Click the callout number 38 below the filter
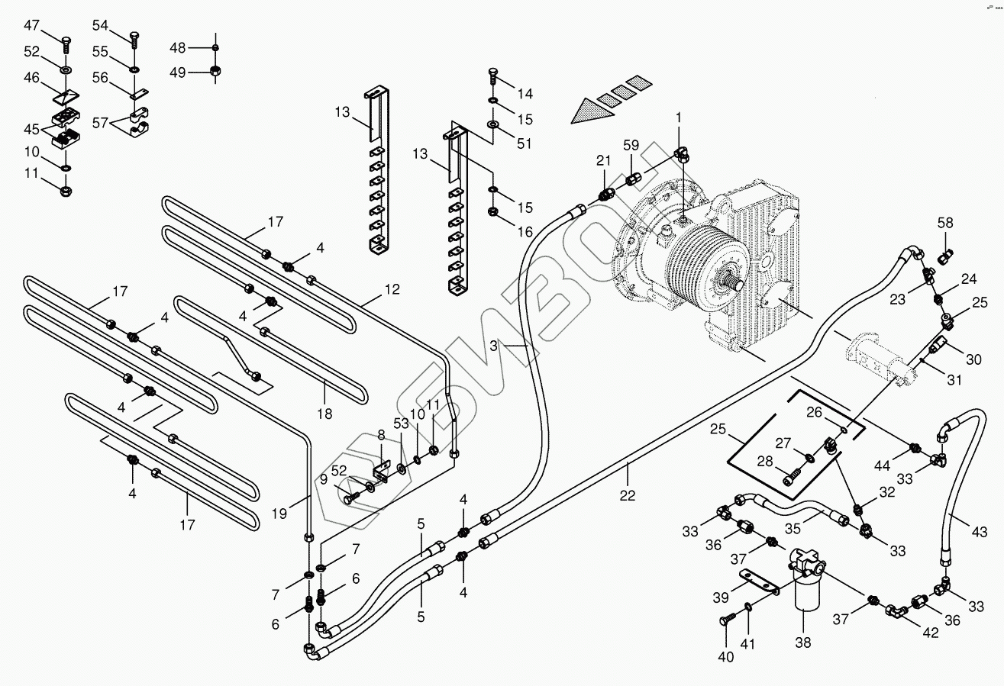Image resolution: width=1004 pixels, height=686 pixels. point(802,643)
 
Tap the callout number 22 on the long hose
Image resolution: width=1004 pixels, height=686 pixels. point(628,495)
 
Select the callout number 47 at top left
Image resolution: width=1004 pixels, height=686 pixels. point(31,25)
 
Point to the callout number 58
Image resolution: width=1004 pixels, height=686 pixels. point(945,223)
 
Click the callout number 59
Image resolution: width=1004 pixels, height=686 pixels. point(631,145)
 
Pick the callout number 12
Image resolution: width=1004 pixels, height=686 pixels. point(392,289)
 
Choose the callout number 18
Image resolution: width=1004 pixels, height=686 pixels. point(324,414)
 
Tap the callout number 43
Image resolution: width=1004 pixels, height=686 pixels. point(980,532)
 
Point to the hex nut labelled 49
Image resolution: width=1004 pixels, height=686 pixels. point(215,71)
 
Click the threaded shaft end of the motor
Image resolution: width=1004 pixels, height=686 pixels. point(734,284)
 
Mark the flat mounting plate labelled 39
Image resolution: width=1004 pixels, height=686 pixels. point(759,582)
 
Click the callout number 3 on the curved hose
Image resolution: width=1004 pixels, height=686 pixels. point(493,346)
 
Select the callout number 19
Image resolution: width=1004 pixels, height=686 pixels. point(279,514)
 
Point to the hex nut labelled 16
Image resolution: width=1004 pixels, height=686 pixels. point(492,211)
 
